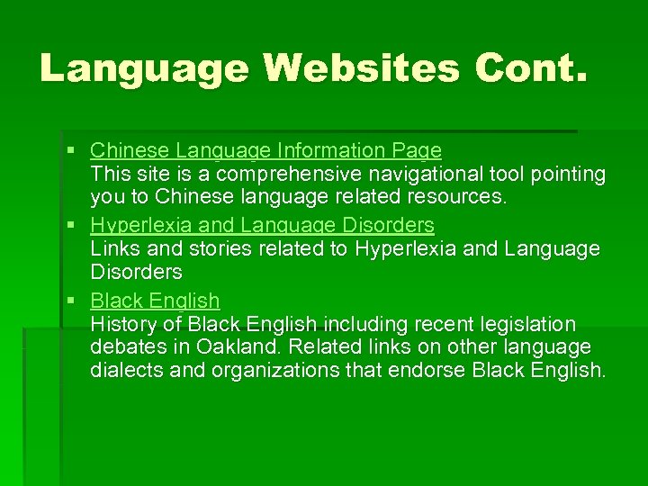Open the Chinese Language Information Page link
pos(265,150)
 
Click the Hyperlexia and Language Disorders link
pos(262,225)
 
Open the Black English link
pos(155,301)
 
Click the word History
pos(120,324)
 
